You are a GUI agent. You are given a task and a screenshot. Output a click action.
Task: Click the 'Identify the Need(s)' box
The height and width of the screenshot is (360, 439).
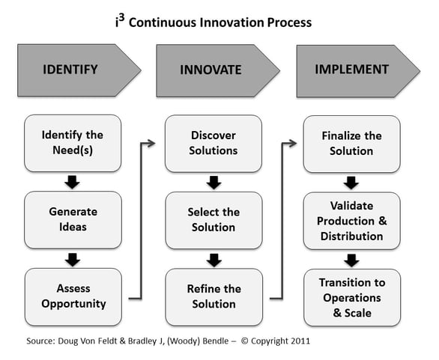(x=73, y=143)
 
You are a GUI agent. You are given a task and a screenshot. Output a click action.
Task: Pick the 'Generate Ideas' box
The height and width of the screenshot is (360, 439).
(x=73, y=220)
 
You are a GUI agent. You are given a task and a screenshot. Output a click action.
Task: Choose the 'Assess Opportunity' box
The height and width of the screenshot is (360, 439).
(x=73, y=297)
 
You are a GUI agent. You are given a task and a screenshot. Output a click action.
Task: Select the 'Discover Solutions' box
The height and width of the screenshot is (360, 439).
(x=214, y=144)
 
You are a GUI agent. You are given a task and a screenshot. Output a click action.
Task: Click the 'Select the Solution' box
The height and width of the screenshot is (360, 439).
(x=214, y=221)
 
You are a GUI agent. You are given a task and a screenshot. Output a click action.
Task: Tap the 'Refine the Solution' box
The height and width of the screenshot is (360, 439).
(x=214, y=297)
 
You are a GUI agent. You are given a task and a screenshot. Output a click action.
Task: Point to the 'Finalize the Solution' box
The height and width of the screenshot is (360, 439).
(x=351, y=144)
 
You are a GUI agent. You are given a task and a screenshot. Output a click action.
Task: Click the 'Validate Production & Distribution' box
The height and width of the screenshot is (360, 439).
(x=352, y=221)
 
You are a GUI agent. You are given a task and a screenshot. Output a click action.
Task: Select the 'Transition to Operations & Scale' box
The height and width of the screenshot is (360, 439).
(x=352, y=298)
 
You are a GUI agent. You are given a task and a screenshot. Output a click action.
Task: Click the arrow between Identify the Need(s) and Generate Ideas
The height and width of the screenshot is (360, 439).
(x=72, y=182)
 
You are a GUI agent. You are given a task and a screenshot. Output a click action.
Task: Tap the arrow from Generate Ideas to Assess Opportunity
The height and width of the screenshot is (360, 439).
(x=73, y=260)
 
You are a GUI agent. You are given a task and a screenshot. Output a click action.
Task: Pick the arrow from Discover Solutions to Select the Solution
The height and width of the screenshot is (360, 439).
(x=214, y=183)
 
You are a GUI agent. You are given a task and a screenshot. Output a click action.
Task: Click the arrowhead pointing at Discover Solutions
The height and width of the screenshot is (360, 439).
(x=151, y=144)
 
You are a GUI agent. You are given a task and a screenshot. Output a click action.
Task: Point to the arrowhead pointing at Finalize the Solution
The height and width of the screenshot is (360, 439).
(x=293, y=144)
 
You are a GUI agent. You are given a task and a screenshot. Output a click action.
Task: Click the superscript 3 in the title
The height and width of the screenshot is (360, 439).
(x=121, y=19)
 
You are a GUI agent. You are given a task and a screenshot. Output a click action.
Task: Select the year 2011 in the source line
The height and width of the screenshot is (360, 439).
(x=300, y=341)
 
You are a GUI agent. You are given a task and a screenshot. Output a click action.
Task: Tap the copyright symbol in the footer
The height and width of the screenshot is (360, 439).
(x=245, y=341)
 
